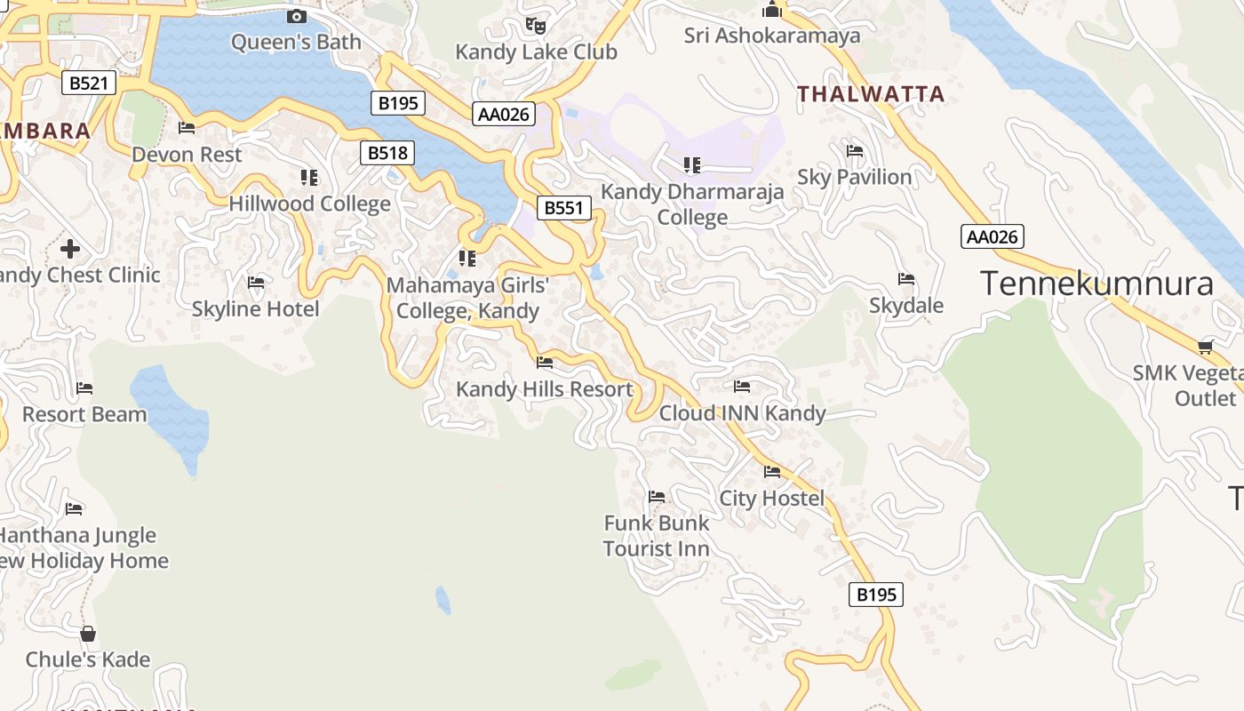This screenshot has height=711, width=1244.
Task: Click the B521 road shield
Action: pos(90,84)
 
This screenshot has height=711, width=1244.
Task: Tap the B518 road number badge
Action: pos(388,153)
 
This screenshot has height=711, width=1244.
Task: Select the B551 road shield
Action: pos(564,208)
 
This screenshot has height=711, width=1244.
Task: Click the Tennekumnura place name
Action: pos(1096,284)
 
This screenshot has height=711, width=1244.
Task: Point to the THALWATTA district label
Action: pos(871,94)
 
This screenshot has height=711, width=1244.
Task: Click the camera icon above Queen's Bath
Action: pos(297,16)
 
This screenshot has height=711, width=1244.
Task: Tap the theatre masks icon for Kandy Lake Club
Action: pos(535,25)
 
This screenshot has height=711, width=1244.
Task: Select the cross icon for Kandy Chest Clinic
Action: pos(70,248)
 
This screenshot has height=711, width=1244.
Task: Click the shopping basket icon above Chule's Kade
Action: pos(87,634)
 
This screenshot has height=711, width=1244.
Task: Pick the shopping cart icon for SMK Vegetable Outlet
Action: pos(1205,347)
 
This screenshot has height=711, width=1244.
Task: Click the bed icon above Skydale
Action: pos(906,279)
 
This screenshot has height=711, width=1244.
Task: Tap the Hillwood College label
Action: pos(309,204)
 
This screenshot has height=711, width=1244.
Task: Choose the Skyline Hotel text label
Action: pos(256,309)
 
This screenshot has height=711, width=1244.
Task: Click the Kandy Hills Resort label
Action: pos(544,389)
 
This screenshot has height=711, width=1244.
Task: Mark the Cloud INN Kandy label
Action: pos(742,413)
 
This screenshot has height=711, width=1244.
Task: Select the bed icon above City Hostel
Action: pos(772,472)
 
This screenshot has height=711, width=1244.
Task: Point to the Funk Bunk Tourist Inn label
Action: pos(657,536)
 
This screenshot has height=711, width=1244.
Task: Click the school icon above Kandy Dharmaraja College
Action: pos(692,164)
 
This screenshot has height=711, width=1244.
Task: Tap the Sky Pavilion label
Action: pos(854,177)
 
